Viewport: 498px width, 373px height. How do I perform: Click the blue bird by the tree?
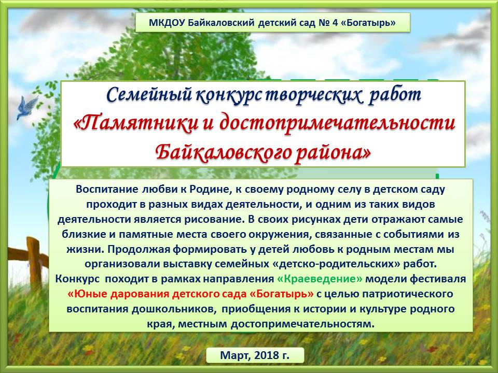26,108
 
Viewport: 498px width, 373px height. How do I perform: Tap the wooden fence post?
34,263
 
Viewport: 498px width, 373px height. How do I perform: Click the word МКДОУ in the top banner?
167,23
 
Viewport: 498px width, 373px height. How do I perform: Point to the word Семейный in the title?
149,94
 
